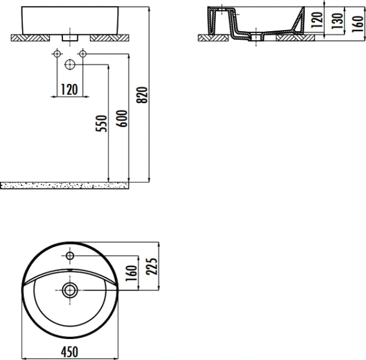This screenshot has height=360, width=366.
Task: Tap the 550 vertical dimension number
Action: (101, 124)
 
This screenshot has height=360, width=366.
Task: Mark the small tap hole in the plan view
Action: (70, 257)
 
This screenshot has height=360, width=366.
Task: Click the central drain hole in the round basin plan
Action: (70, 291)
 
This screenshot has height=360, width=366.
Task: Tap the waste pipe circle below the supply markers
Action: (70, 64)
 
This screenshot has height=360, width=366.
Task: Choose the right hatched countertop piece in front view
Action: (108, 37)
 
